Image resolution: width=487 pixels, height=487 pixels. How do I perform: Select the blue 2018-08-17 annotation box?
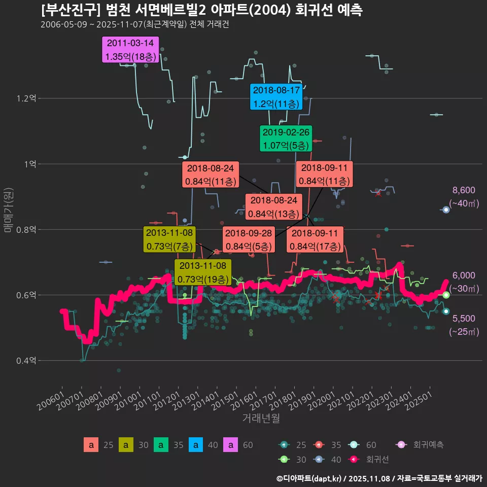[x=276, y=97]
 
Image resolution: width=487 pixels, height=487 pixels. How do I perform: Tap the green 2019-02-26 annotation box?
[x=286, y=138]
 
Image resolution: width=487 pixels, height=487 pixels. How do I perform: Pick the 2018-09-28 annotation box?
[x=248, y=240]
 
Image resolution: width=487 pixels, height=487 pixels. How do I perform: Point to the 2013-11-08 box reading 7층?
[x=169, y=239]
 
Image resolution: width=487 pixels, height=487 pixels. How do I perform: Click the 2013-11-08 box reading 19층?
[x=203, y=272]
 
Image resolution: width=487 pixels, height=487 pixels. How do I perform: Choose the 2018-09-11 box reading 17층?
[x=316, y=240]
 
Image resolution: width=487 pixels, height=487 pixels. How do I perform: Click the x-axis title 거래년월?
[x=261, y=419]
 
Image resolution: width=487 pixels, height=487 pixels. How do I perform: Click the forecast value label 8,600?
[x=464, y=190]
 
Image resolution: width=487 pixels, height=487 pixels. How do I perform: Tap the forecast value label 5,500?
[x=464, y=319]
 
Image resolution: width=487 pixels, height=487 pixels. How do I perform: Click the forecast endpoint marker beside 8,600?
[x=446, y=210]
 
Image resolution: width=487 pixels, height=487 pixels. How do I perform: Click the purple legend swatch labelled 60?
[x=231, y=445]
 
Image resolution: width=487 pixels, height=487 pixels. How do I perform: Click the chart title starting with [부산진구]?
[x=202, y=11]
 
